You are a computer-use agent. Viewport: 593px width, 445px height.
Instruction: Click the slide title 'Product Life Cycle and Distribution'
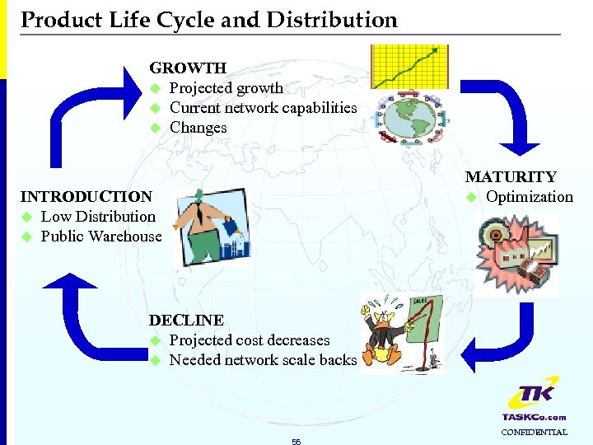[208, 20]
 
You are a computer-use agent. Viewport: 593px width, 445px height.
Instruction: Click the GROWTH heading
[187, 68]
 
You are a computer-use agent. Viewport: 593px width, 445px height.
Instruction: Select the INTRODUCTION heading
[86, 197]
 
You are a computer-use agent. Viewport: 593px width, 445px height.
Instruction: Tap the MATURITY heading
[511, 176]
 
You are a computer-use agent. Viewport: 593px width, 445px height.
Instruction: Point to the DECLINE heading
[185, 320]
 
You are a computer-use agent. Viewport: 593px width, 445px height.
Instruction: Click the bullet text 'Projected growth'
[226, 88]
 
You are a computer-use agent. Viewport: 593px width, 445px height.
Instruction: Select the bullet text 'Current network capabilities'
[263, 108]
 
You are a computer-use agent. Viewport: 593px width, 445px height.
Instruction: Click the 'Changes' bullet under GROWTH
[198, 128]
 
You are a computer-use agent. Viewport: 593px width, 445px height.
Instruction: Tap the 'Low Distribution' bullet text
[97, 217]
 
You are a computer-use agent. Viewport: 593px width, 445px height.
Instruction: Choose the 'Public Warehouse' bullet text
[101, 237]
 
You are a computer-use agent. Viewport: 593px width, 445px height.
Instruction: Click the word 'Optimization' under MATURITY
[529, 197]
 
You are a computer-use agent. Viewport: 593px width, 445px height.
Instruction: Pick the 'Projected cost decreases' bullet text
[249, 340]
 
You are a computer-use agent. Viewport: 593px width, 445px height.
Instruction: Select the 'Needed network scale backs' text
[263, 360]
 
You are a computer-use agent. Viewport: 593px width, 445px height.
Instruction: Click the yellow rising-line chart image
[409, 66]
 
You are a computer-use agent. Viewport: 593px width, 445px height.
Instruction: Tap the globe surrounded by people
[409, 119]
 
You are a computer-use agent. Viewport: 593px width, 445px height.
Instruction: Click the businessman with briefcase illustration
[213, 227]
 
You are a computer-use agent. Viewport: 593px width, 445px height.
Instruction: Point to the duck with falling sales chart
[402, 334]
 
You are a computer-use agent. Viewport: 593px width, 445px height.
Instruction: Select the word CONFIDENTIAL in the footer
[534, 433]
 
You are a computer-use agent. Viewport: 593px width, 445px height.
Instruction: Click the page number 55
[296, 442]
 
